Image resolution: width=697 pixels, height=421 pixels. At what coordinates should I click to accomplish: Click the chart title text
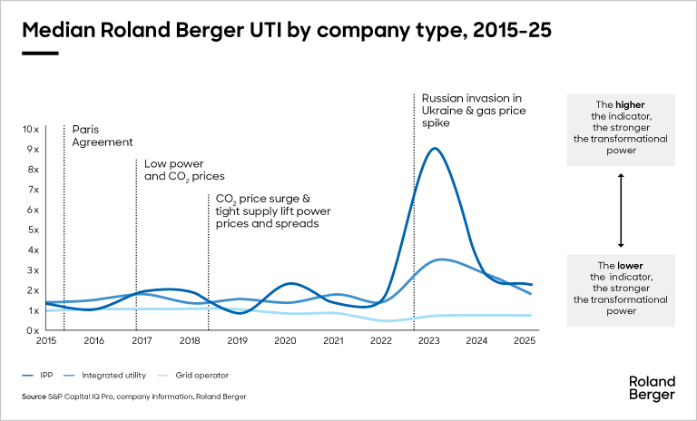tap(287, 30)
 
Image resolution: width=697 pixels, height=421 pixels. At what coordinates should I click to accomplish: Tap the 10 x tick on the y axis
tap(31, 130)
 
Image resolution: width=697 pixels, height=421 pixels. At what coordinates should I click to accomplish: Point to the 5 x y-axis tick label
tap(34, 230)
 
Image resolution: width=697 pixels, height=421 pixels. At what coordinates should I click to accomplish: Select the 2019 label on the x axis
tap(238, 340)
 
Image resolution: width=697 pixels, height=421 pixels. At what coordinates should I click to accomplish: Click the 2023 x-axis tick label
tap(429, 340)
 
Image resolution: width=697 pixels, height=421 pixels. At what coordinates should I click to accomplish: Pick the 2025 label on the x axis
tap(525, 340)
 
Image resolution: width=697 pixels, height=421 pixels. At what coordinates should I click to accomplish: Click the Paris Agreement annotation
tap(103, 135)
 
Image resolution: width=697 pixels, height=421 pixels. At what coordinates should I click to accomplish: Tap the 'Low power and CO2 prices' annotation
tap(184, 171)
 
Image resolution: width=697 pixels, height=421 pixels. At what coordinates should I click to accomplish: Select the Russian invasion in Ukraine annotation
tap(474, 111)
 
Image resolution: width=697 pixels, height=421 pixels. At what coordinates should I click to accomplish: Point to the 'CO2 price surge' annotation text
tap(273, 210)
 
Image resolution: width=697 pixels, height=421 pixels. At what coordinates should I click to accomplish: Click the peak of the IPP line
tap(435, 149)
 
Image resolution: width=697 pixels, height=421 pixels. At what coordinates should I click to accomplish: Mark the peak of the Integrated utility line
tap(441, 259)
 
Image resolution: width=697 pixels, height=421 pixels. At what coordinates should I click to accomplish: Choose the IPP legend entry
tap(37, 376)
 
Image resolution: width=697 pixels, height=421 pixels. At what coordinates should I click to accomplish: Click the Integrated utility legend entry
tap(105, 376)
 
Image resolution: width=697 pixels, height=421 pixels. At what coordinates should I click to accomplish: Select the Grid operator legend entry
tap(193, 376)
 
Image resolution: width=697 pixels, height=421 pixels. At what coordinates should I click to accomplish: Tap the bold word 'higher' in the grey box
tap(630, 105)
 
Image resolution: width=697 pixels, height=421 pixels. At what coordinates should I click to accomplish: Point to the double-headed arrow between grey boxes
tap(621, 210)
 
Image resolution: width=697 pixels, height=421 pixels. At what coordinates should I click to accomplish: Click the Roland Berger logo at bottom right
tap(653, 388)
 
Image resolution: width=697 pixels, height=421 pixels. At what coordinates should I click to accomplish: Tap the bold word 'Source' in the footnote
tap(34, 397)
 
